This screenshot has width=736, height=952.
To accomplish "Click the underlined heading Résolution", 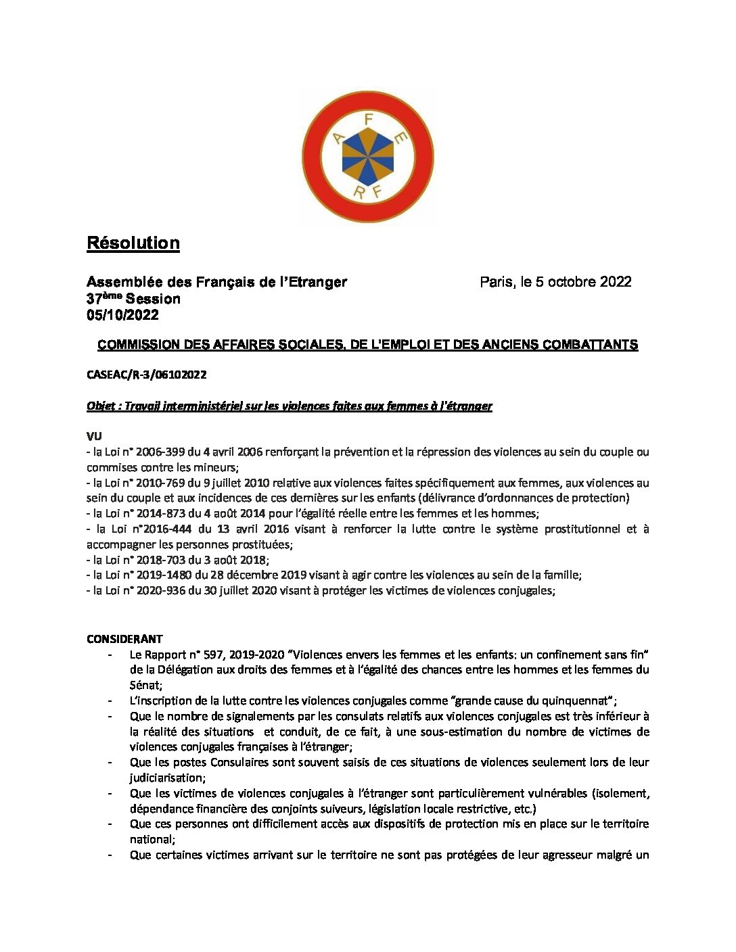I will coord(133,243).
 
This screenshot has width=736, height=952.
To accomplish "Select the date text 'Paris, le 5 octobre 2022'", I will coord(555,282).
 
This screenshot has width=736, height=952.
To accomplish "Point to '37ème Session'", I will coord(133,299).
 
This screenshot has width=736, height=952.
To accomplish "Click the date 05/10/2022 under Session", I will coord(122,315).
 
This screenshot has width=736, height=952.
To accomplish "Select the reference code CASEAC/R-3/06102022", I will coord(147,375).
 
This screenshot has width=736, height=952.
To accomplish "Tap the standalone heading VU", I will coord(94,437).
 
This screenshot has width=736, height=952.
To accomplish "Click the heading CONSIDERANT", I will coord(124,639).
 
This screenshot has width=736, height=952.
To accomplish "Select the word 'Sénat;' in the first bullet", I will coord(146,685).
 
